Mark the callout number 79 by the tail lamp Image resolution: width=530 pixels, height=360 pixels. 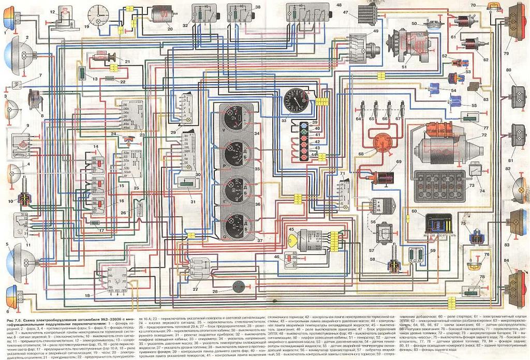(506, 53)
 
